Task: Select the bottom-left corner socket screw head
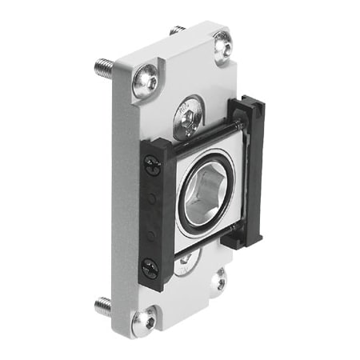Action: (x=144, y=321)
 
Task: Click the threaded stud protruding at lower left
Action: (x=104, y=305)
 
